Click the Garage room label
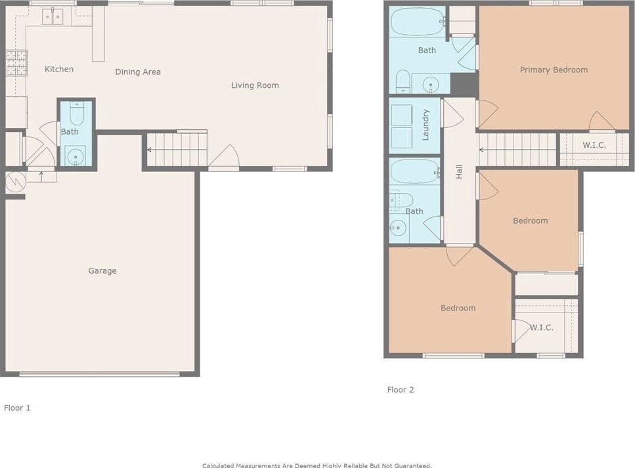[102, 271]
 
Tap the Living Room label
[255, 85]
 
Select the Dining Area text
[138, 72]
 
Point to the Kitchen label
[59, 69]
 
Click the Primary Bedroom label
[554, 70]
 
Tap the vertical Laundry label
[426, 125]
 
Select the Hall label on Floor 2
[459, 171]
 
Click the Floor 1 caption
[17, 408]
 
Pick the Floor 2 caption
[401, 389]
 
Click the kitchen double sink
[53, 17]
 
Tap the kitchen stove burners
[16, 63]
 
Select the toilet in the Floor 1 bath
[77, 114]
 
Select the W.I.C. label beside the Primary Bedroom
[594, 145]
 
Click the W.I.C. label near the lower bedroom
[542, 328]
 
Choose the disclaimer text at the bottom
[317, 465]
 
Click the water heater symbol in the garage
[16, 182]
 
